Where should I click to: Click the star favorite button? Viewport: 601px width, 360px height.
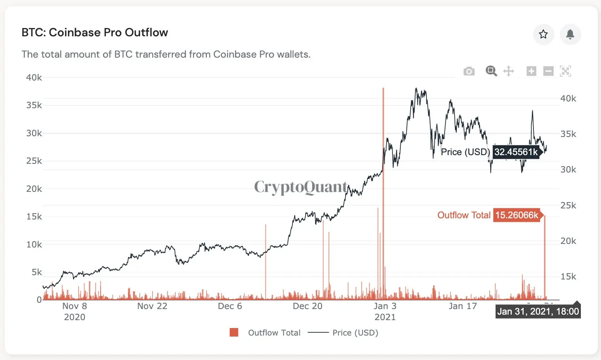543,34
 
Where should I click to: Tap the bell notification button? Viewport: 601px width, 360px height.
570,34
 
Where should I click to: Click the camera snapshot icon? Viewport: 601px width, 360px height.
469,71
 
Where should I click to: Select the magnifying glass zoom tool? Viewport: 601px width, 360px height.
491,71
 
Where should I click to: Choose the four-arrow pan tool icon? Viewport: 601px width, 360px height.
509,71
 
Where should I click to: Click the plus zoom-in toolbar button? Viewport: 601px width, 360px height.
531,71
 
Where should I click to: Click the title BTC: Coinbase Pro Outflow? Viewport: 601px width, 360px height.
95,32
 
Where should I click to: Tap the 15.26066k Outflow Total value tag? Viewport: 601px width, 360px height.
516,215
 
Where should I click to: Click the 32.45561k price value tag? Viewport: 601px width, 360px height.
516,152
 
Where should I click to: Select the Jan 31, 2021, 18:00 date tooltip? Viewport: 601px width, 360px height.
538,311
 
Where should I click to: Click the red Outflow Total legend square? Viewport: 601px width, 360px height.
234,332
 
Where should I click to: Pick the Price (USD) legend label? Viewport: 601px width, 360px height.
355,333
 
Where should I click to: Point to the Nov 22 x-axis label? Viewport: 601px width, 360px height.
152,306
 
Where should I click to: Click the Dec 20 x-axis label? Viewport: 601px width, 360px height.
307,306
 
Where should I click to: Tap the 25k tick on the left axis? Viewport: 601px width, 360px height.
34,161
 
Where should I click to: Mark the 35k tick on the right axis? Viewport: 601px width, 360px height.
568,134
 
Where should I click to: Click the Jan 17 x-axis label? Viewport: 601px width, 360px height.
462,306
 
